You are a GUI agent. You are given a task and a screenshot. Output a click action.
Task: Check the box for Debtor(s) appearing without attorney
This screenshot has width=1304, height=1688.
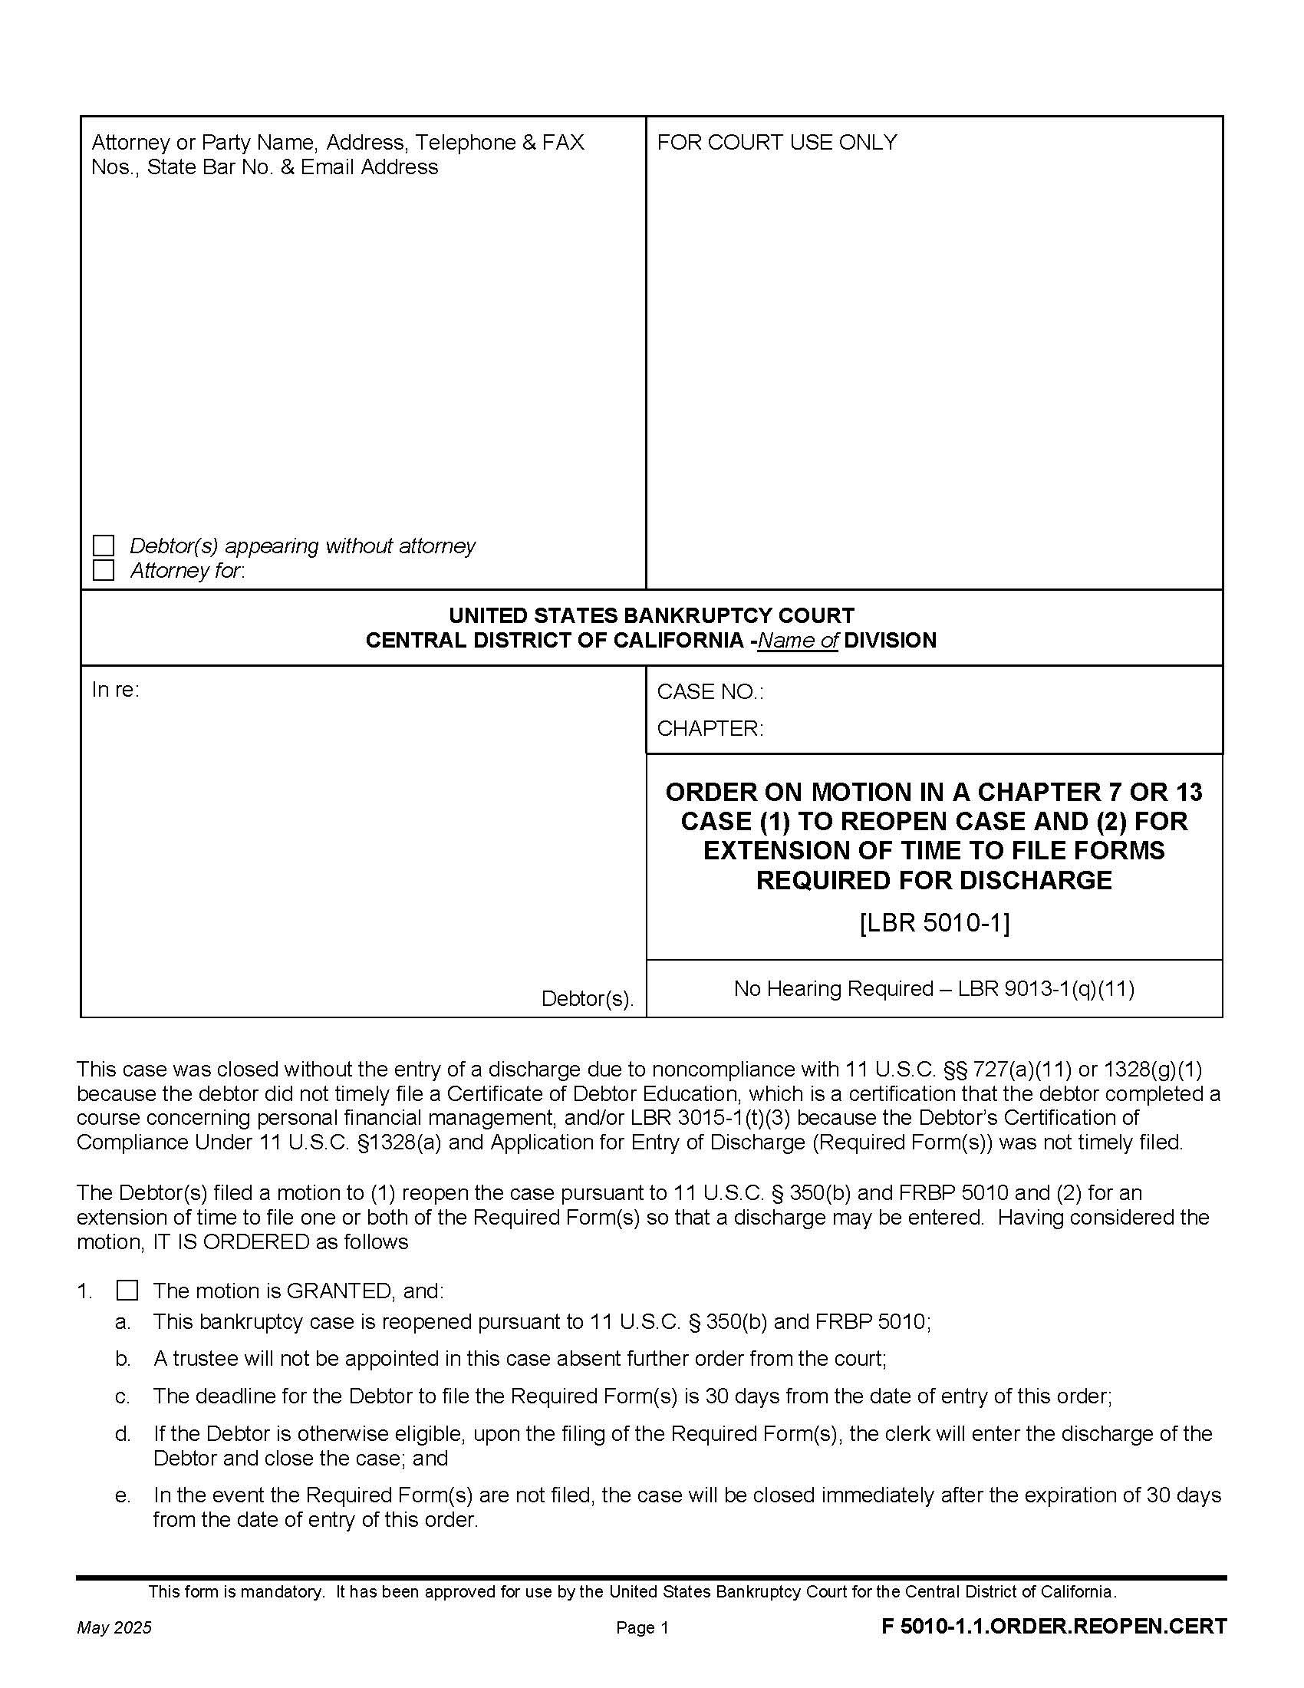(103, 546)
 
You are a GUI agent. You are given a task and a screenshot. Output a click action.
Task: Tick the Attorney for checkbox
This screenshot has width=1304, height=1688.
(103, 570)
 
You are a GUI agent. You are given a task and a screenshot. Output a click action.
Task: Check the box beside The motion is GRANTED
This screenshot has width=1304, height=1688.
(127, 1291)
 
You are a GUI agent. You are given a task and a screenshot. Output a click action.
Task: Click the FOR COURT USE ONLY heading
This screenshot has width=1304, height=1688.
(776, 142)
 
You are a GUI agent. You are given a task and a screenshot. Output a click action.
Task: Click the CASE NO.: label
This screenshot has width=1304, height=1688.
(710, 692)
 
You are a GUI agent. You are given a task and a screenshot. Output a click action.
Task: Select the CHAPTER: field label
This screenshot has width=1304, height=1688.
(710, 728)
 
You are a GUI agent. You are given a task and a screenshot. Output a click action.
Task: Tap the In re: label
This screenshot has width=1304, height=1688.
(115, 690)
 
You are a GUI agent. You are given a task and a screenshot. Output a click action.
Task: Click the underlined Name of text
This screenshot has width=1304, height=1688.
(797, 640)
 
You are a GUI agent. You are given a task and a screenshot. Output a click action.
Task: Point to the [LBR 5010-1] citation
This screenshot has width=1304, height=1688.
(934, 923)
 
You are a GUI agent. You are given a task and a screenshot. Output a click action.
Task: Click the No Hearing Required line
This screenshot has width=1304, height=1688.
(934, 988)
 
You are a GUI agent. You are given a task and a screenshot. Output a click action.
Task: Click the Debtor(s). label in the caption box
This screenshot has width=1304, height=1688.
(587, 998)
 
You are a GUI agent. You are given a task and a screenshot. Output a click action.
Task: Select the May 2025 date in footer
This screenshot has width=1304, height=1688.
(114, 1627)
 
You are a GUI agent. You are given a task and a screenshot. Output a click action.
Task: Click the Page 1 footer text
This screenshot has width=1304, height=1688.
(642, 1627)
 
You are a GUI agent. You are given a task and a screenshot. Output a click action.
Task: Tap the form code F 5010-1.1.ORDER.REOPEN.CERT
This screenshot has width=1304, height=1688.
(1054, 1626)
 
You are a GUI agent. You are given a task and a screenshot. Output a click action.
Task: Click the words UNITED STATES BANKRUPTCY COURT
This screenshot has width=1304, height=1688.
(651, 615)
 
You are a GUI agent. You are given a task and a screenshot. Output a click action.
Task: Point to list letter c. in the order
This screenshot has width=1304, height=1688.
(123, 1396)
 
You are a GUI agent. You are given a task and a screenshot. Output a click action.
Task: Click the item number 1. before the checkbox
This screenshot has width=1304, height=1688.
(84, 1291)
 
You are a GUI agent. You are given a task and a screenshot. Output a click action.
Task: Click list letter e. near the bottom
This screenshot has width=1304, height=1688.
(123, 1495)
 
